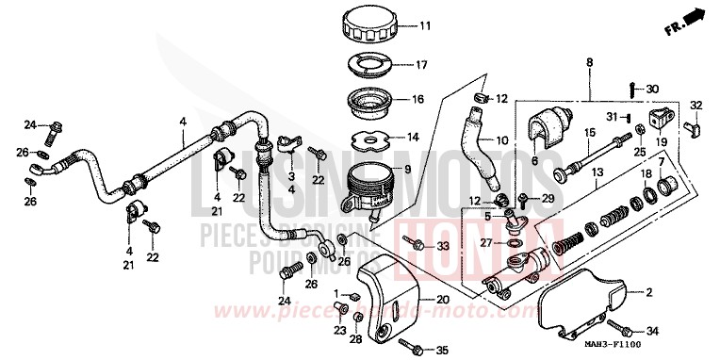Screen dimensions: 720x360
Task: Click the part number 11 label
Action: coord(424,25)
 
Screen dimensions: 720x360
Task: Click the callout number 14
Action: coord(414,137)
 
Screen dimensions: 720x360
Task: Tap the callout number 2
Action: coord(647,294)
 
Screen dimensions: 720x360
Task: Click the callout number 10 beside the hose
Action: coord(501,140)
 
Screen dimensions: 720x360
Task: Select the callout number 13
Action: coord(597,173)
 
